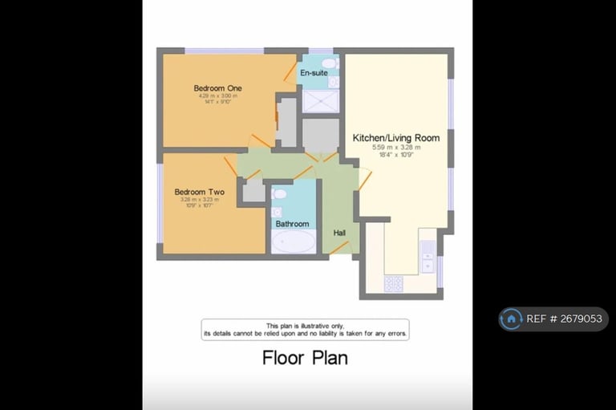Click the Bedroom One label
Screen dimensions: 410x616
click(x=217, y=88)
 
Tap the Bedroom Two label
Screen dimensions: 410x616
click(x=199, y=193)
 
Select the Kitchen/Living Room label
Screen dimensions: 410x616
click(x=396, y=138)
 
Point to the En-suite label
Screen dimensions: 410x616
click(x=314, y=73)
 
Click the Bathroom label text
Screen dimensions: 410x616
click(x=292, y=224)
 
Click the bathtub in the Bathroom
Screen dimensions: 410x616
click(x=293, y=242)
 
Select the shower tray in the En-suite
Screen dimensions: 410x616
click(x=320, y=101)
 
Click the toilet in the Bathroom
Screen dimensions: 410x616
click(x=279, y=193)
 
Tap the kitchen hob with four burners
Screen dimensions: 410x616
click(x=394, y=283)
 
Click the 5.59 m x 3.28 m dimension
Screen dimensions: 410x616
click(x=396, y=148)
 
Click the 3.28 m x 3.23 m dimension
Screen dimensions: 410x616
click(x=199, y=201)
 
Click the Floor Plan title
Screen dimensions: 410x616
click(x=305, y=358)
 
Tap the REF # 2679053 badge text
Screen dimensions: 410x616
click(x=564, y=319)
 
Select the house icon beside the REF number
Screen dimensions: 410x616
click(x=511, y=319)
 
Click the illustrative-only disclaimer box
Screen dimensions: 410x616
click(x=305, y=329)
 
